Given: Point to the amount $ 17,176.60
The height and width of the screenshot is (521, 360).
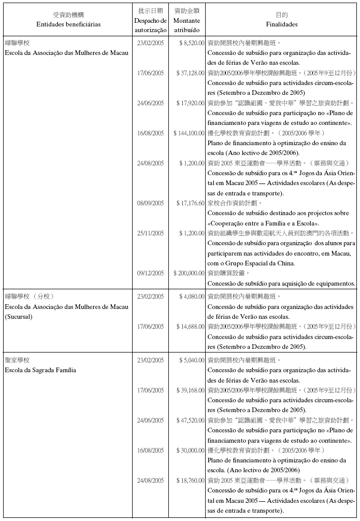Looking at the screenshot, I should (190, 203).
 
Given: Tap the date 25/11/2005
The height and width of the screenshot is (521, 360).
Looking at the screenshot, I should (151, 233).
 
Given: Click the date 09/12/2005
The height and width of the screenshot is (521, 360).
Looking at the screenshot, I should (151, 273).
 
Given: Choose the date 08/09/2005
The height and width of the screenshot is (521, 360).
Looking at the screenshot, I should (151, 203).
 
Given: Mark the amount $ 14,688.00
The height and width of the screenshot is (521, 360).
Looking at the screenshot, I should (190, 327).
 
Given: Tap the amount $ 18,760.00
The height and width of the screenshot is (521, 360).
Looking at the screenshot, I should (190, 480).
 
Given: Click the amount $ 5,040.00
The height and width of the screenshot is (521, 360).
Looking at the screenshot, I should (191, 360).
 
